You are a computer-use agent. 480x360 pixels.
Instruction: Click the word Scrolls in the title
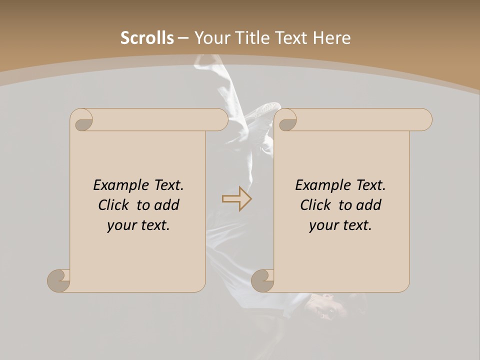(x=147, y=38)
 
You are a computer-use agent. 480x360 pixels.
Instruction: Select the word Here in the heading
(x=332, y=38)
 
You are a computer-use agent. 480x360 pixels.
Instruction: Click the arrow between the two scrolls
(x=236, y=199)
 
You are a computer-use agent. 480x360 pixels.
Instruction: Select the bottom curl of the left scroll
(x=59, y=280)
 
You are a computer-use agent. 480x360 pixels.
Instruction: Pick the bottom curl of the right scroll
(x=262, y=280)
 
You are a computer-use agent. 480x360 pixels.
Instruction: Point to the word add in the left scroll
(x=167, y=205)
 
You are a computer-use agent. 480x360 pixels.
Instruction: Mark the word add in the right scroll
(x=369, y=205)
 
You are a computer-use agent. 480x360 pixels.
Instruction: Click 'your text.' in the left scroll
(x=138, y=225)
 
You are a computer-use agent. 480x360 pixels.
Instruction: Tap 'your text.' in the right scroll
(x=340, y=225)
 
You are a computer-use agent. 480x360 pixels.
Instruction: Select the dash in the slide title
(x=183, y=38)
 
